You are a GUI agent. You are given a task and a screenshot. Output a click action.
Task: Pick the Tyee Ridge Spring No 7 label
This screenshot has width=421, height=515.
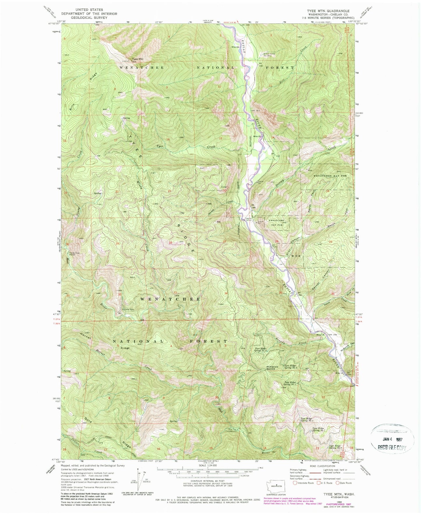pyautogui.click(x=319, y=429)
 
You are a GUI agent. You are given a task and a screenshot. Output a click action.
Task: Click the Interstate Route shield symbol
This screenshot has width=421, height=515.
pyautogui.click(x=295, y=483)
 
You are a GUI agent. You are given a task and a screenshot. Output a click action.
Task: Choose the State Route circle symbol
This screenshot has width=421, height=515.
pyautogui.click(x=338, y=483)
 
